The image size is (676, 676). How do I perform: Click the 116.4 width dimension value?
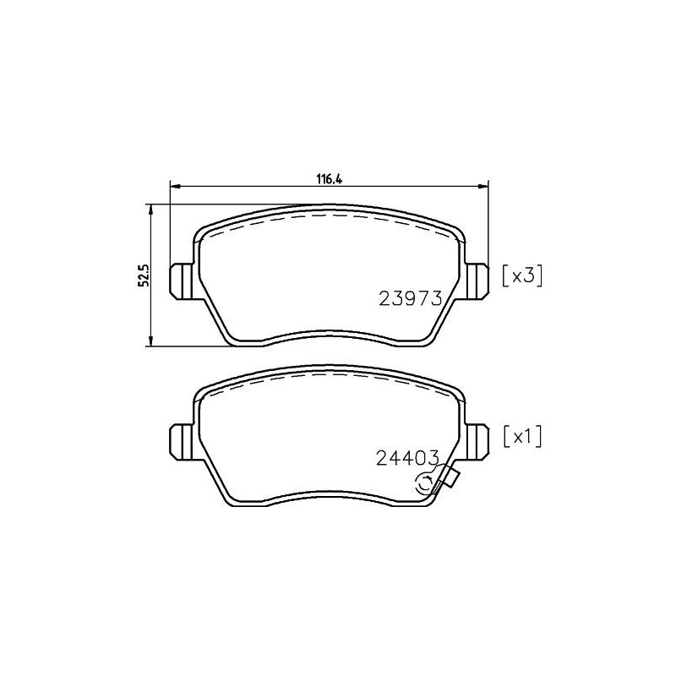coord(330,178)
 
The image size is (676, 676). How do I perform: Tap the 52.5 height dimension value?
coord(144,275)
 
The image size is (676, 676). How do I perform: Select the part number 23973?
coord(411,297)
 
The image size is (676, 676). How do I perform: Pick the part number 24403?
coord(406,459)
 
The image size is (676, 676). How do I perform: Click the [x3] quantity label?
coord(521,275)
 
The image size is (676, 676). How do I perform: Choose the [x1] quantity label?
coord(521,437)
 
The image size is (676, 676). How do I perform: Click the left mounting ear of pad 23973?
coord(181,280)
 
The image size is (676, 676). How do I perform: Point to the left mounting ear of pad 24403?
coord(181,438)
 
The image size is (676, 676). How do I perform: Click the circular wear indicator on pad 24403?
coord(428,483)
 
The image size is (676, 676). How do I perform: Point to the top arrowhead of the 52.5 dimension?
coord(150,208)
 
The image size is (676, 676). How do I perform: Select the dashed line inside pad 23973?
coord(330,217)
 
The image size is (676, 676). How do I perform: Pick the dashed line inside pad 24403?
coord(330,378)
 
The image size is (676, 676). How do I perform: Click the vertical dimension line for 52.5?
coord(150,313)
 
